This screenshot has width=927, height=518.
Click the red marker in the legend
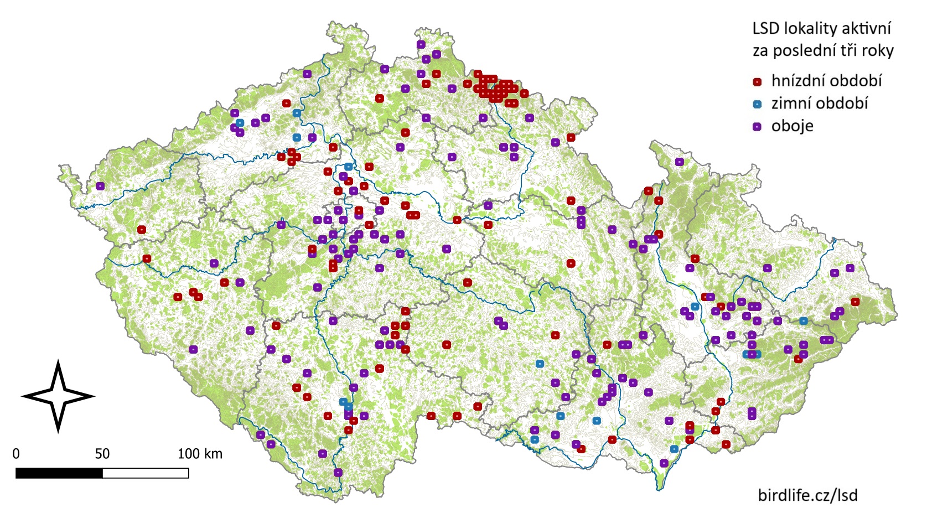tap(757, 82)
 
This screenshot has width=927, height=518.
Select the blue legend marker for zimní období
tap(757, 104)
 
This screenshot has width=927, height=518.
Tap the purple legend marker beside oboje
tap(757, 127)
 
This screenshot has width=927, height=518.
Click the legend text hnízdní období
tap(826, 81)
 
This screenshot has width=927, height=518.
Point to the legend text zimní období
tap(819, 103)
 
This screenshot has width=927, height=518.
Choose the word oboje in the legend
tap(792, 126)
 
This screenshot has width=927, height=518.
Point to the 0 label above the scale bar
tap(16, 454)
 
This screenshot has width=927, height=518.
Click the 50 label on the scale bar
tap(102, 454)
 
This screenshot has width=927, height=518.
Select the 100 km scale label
tap(199, 454)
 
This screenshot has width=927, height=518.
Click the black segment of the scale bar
tap(59, 473)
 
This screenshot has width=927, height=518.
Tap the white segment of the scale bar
tap(146, 473)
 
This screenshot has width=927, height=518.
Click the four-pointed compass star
tap(58, 396)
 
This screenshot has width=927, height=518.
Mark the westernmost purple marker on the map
tap(100, 186)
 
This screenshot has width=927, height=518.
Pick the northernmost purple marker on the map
tap(421, 44)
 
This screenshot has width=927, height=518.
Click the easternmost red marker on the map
tap(855, 302)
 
